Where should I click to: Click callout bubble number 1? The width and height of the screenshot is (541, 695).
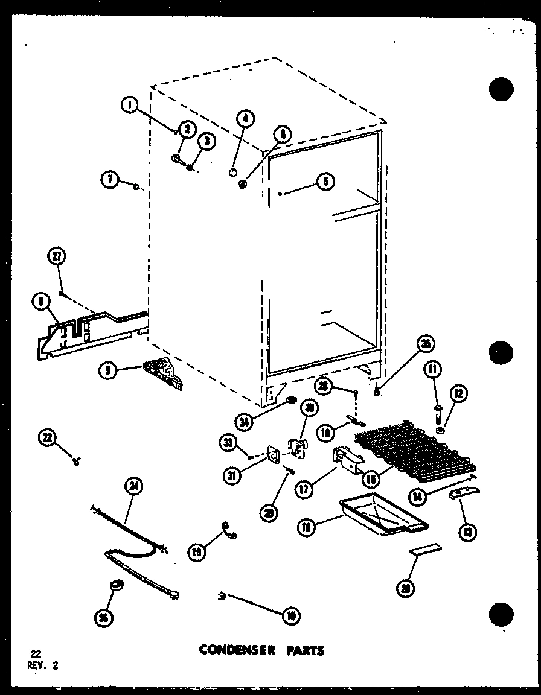[128, 105]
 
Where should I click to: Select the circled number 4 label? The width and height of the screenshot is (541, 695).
[245, 119]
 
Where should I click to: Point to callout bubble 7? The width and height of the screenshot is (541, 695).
[109, 179]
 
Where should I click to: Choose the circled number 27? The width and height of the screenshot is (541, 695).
[56, 258]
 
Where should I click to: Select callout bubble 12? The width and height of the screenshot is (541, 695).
[458, 393]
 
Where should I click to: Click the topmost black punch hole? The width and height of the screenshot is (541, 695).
[501, 90]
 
